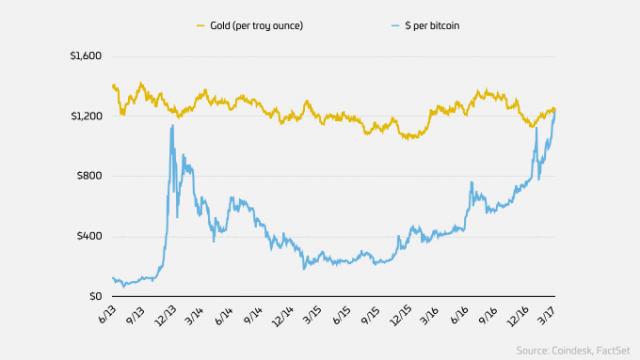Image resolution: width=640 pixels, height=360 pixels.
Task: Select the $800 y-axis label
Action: click(90, 177)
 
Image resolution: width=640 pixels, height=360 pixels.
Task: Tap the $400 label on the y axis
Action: click(90, 237)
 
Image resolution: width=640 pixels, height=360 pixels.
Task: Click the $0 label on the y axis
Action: click(96, 297)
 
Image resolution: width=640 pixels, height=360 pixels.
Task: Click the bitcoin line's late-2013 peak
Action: click(172, 126)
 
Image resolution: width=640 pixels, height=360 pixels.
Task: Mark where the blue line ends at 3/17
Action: click(556, 112)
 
